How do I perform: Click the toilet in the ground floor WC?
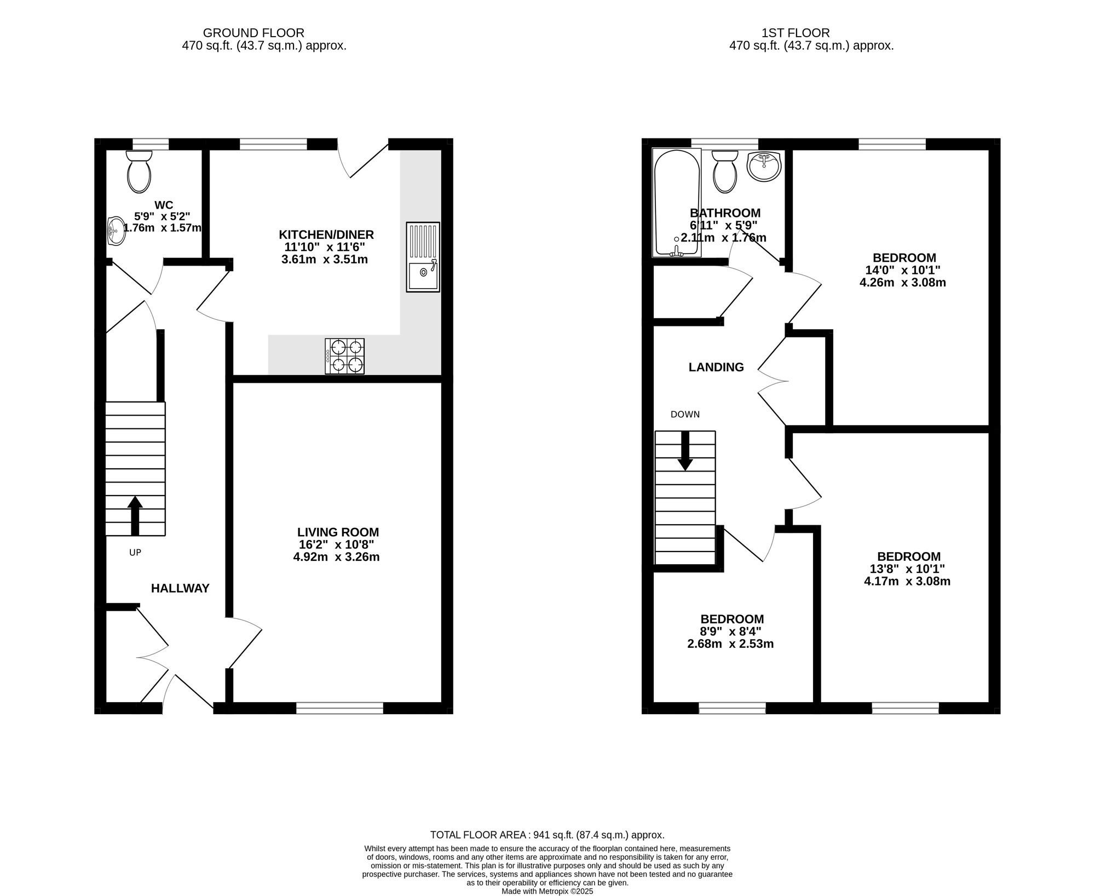click(139, 171)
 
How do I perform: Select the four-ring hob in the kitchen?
click(345, 356)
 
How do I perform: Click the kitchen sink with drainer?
click(423, 256)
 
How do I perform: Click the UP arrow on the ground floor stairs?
click(135, 516)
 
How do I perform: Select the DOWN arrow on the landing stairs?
click(685, 451)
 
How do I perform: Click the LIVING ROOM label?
click(338, 532)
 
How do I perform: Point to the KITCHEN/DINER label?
click(326, 234)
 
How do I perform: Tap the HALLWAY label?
click(180, 588)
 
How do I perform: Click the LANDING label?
click(716, 367)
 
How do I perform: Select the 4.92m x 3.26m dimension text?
click(336, 557)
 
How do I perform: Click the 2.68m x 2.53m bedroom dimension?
click(730, 644)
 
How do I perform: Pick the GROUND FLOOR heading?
click(253, 33)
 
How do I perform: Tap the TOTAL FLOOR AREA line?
click(547, 835)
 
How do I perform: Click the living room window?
click(339, 708)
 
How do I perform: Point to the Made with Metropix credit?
click(547, 891)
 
